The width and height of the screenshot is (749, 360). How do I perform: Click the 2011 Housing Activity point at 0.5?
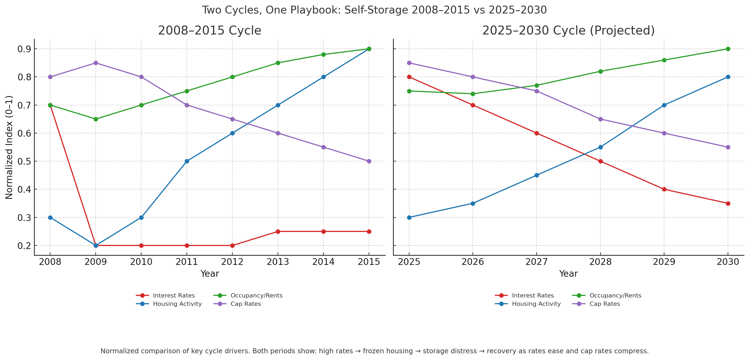click(x=187, y=161)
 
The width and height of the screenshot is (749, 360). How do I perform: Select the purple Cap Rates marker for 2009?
click(x=96, y=63)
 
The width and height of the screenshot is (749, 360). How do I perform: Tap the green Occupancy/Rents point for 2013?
click(x=278, y=63)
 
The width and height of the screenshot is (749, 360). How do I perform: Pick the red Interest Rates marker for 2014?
click(x=323, y=231)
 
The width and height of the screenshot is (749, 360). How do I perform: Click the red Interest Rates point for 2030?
click(x=728, y=203)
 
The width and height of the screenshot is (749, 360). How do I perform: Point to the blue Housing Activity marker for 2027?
click(x=536, y=175)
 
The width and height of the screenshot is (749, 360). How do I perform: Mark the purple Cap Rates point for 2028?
click(x=600, y=119)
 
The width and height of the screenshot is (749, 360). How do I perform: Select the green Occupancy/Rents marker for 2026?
click(x=472, y=94)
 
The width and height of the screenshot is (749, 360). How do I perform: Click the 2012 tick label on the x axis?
click(x=232, y=262)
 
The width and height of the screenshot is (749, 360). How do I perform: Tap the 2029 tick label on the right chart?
click(x=664, y=262)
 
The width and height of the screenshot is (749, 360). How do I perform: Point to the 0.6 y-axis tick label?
click(x=25, y=133)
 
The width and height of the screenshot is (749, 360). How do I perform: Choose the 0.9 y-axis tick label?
click(x=25, y=49)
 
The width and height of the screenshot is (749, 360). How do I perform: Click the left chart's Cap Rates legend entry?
click(x=246, y=304)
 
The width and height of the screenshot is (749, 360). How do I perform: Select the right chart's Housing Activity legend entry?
click(x=536, y=304)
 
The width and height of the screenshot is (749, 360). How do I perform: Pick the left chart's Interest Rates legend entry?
click(x=174, y=295)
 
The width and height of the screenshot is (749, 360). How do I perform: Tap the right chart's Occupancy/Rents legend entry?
click(x=615, y=295)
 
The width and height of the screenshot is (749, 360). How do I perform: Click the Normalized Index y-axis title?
click(x=9, y=147)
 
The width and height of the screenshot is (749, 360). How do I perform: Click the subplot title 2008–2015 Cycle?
click(x=209, y=30)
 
